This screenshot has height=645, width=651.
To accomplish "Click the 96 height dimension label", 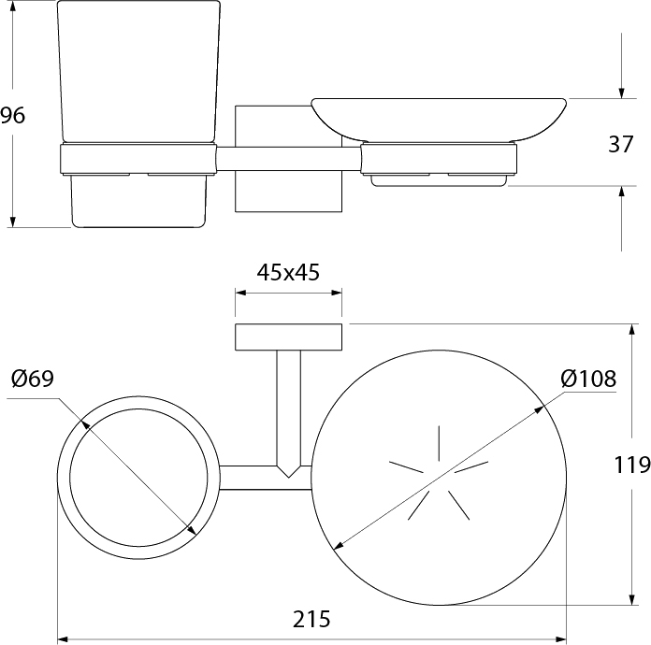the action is pyautogui.click(x=12, y=115).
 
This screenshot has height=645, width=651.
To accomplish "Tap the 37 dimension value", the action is pyautogui.click(x=621, y=144).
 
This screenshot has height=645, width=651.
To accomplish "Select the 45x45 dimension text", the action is pyautogui.click(x=288, y=273).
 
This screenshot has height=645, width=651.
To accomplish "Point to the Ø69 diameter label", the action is pyautogui.click(x=33, y=379).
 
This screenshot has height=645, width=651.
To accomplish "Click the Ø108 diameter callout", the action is pyautogui.click(x=588, y=379).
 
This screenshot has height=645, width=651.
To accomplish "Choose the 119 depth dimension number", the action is pyautogui.click(x=632, y=465).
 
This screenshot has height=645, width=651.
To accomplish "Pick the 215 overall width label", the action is pyautogui.click(x=311, y=619).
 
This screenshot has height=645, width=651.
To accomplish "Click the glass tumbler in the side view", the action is pyautogui.click(x=138, y=114).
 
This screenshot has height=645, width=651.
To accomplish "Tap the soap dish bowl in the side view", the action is pyautogui.click(x=439, y=120).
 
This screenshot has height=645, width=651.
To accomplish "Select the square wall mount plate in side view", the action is pyautogui.click(x=288, y=159).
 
